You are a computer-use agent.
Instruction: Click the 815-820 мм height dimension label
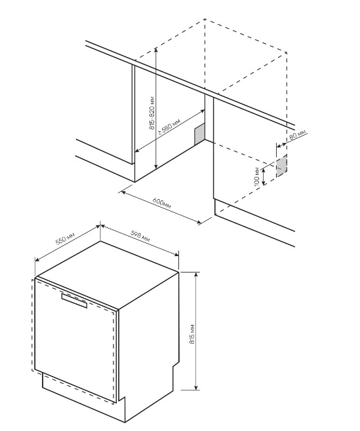point(152,113)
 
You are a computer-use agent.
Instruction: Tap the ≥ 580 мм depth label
point(169,126)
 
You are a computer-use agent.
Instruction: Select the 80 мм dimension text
point(297,135)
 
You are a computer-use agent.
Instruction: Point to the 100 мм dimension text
point(257,176)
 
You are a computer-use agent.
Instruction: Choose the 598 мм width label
point(140,236)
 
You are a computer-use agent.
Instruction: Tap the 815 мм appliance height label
point(192,333)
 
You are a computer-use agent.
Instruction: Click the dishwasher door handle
point(74,300)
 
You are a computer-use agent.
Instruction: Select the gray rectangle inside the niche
point(199,134)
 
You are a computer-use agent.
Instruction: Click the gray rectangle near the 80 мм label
point(281,166)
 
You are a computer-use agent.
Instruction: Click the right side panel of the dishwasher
point(149,344)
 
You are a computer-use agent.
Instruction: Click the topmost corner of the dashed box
point(205,19)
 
